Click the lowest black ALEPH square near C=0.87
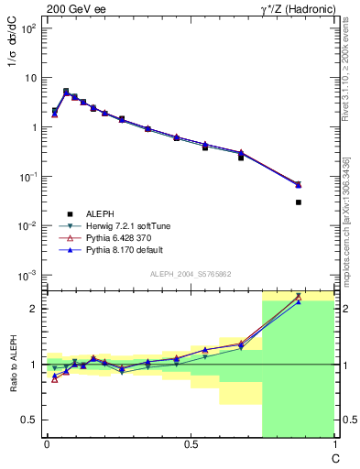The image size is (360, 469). (299, 202)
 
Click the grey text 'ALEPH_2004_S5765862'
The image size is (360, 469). (190, 275)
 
